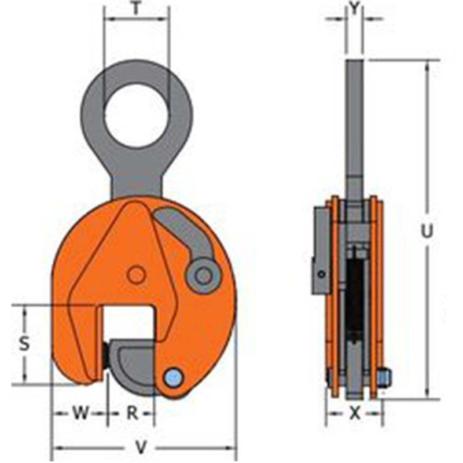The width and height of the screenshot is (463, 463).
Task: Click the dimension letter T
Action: coord(136,9)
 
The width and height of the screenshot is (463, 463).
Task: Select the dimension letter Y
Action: coord(354,8)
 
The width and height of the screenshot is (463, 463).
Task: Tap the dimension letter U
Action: coord(427,230)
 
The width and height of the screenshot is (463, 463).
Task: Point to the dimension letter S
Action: coord(24,344)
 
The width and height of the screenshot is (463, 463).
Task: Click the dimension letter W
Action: coord(80,413)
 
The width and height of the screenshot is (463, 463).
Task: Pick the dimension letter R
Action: coord(133,413)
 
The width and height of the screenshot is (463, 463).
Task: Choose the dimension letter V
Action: coord(141,447)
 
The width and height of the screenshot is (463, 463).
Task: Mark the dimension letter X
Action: coord(355,413)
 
